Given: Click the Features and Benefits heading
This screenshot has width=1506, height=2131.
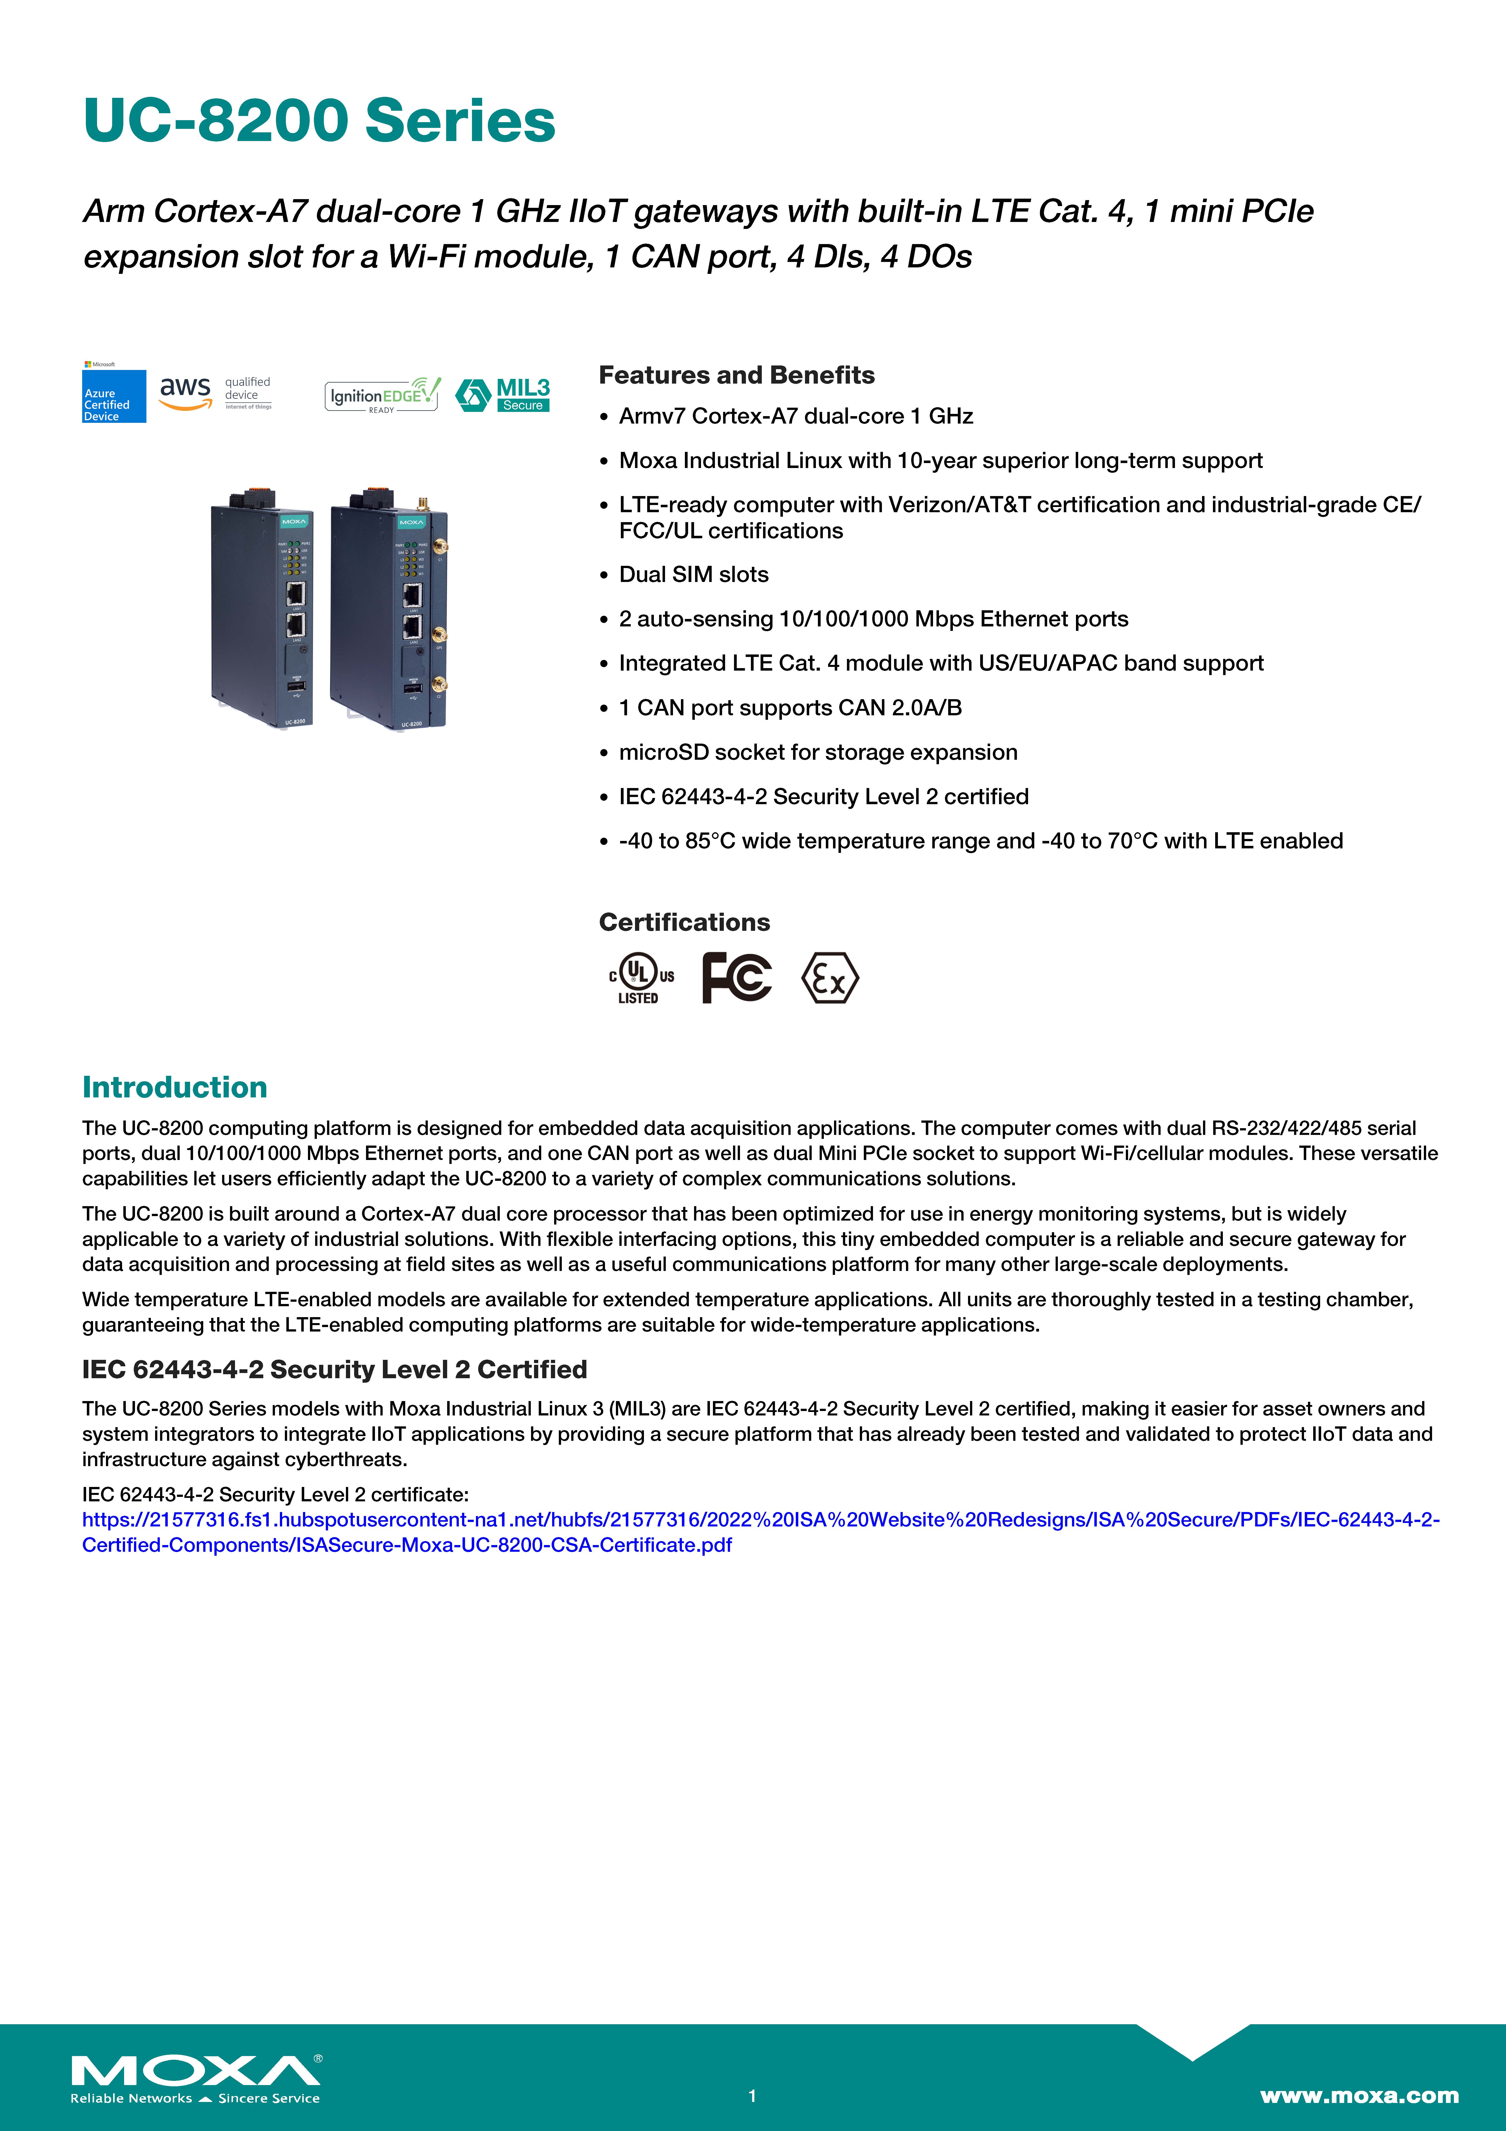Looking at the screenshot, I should point(736,375).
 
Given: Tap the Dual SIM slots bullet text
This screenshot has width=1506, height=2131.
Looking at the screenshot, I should point(693,575).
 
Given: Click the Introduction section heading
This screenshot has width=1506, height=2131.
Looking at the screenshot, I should point(174,1087).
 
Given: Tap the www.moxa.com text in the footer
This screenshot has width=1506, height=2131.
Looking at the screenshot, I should point(1358,2095).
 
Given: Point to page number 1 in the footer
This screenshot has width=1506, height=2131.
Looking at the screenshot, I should point(753,2095).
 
